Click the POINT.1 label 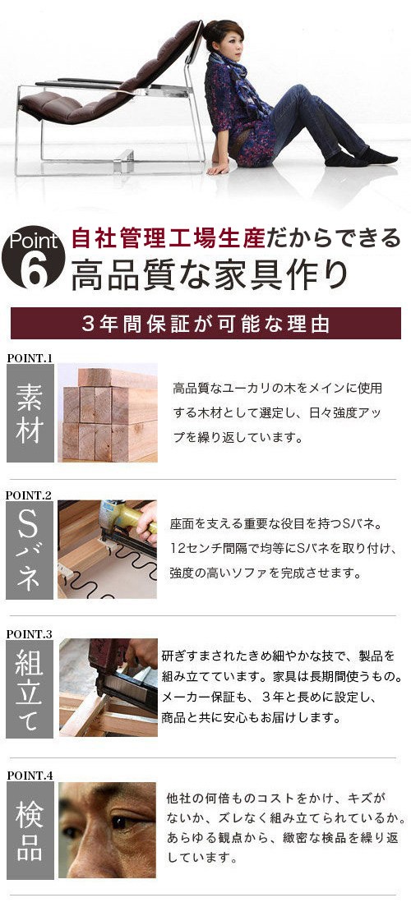30,358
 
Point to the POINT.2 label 30,495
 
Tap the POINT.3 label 30,634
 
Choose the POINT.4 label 30,776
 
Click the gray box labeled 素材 30,412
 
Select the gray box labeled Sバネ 30,550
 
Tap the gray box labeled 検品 30,830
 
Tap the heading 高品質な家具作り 210,276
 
